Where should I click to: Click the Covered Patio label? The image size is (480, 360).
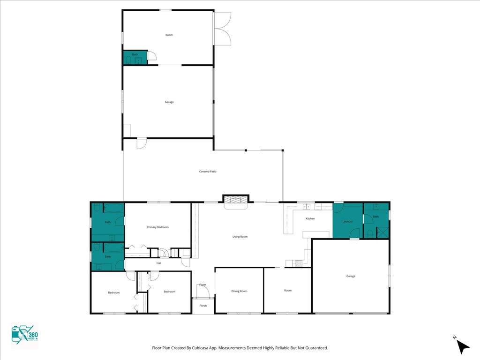tap(208, 172)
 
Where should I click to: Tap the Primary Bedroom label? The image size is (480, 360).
tap(157, 227)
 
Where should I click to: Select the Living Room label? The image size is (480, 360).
tap(240, 237)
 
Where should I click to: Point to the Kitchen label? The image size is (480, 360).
tap(310, 218)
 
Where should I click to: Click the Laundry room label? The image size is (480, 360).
tap(347, 221)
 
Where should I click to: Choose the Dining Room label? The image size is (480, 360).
tap(240, 291)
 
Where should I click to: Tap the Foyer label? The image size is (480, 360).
tap(202, 285)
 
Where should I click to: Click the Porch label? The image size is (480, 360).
tap(203, 306)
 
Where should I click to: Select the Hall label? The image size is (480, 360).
tap(159, 263)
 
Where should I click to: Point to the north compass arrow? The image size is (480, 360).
tap(464, 347)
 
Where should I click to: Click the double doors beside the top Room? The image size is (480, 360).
tap(222, 29)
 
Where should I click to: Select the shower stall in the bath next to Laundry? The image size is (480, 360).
tap(382, 232)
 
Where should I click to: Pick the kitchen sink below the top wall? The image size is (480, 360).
tap(307, 207)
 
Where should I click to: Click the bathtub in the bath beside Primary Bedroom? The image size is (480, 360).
tap(114, 209)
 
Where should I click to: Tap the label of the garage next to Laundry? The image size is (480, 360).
tap(351, 276)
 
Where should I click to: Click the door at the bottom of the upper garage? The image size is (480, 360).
tap(141, 143)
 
